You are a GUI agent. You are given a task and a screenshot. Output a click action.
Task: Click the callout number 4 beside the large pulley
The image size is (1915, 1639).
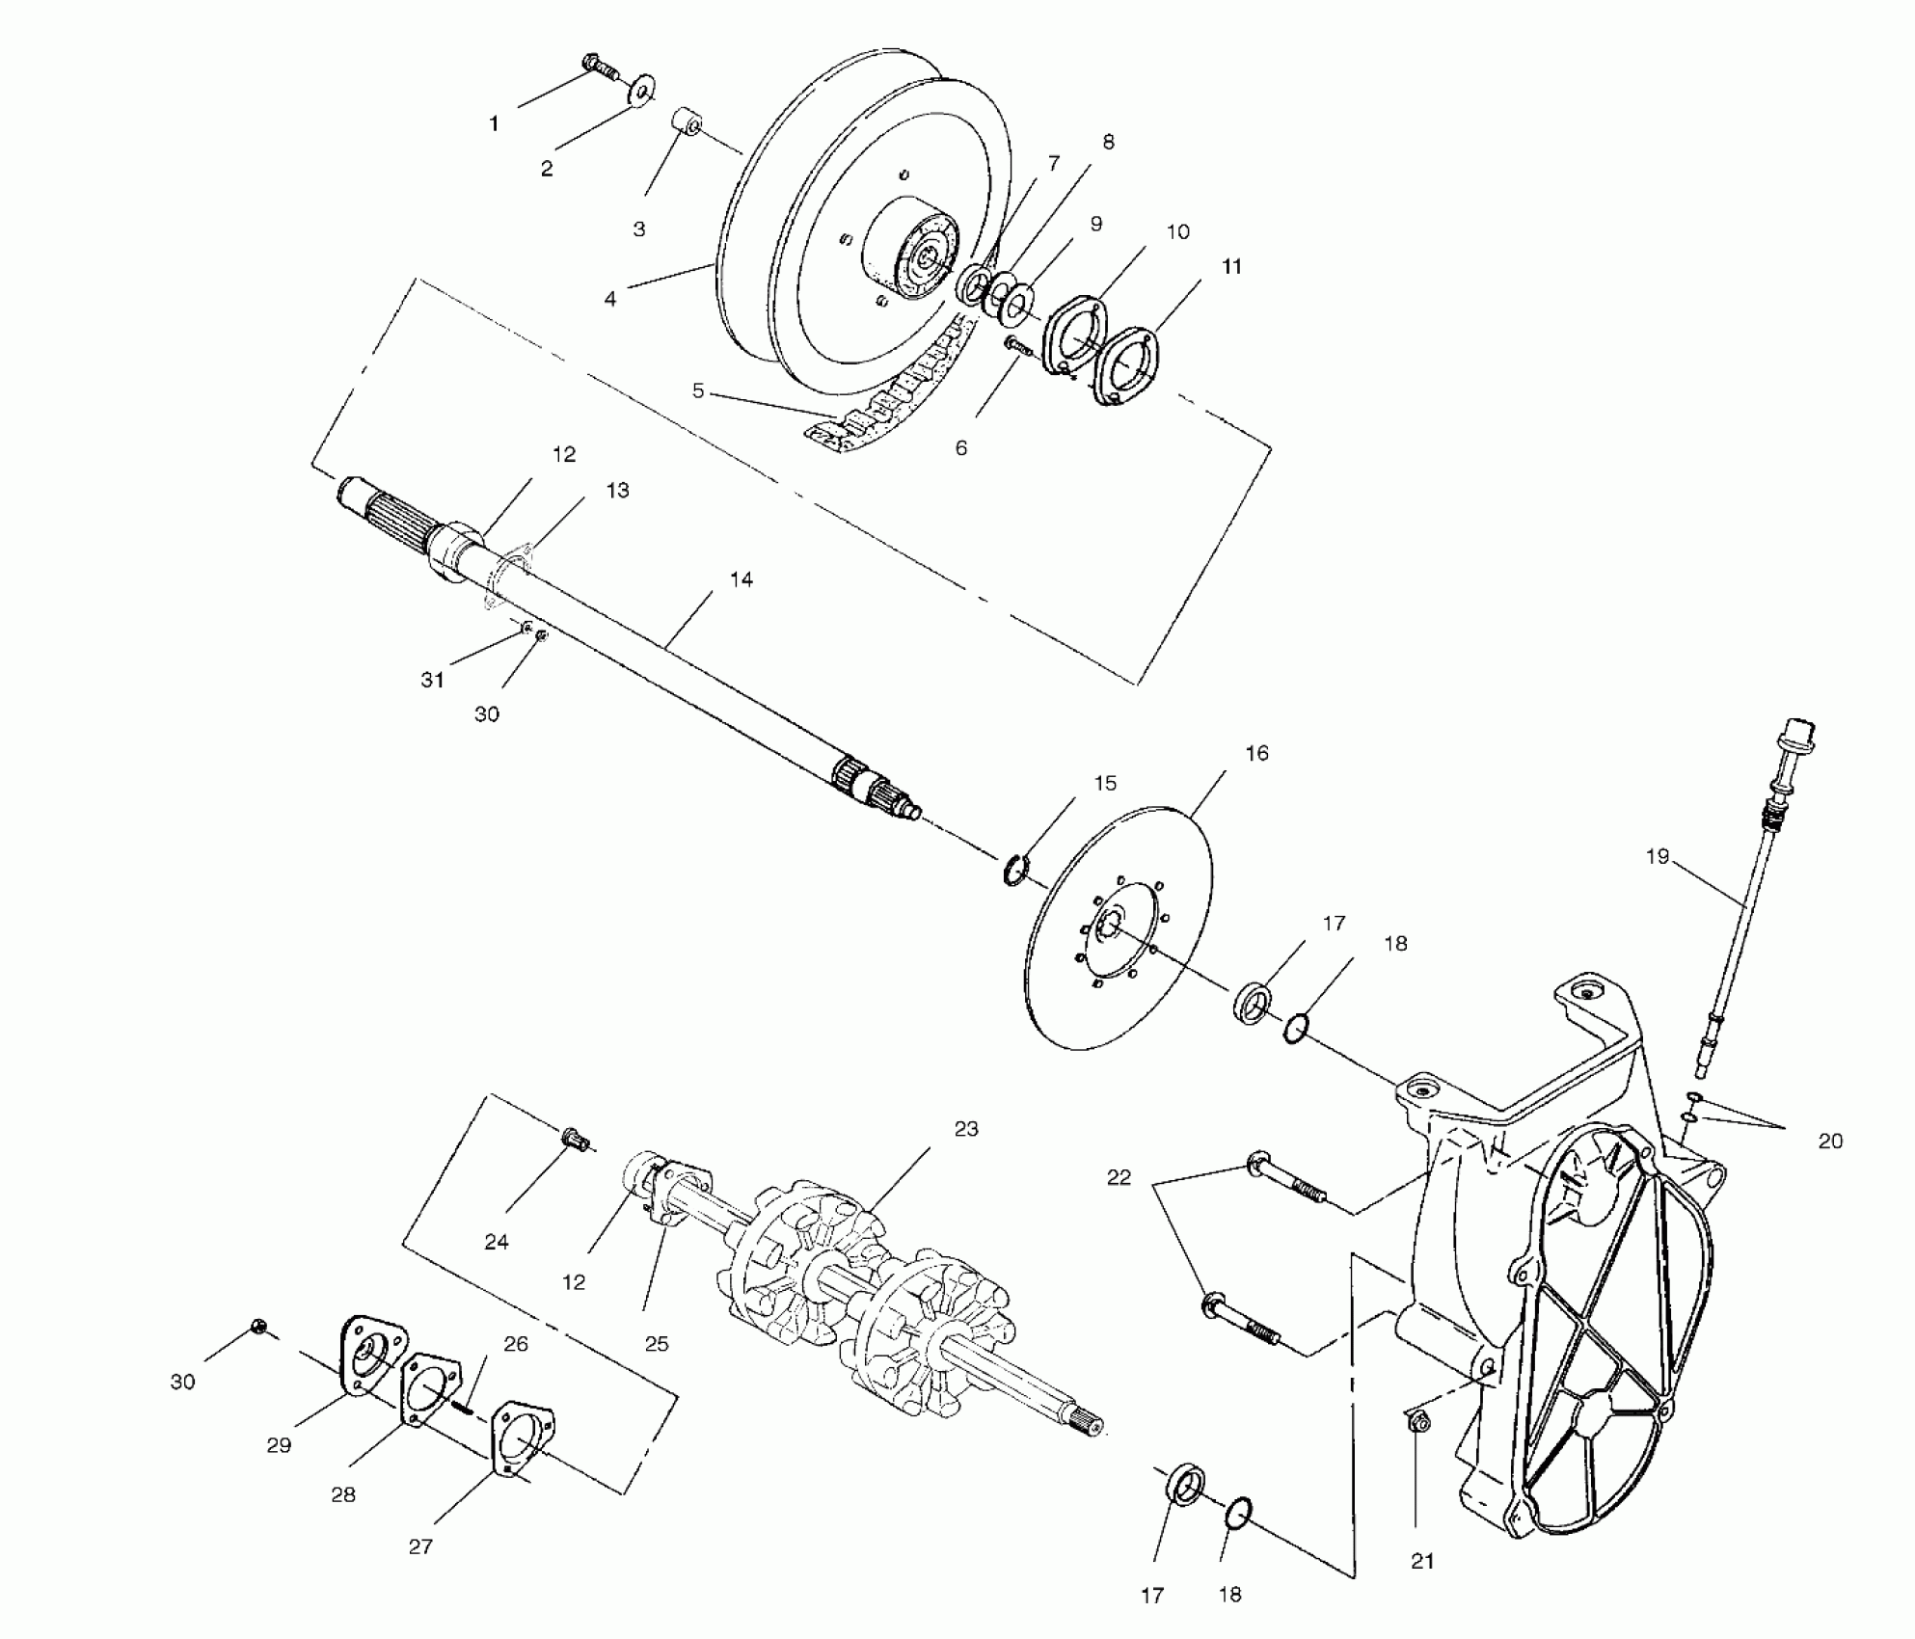(610, 299)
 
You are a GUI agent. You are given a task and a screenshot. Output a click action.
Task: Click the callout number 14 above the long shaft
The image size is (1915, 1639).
(741, 579)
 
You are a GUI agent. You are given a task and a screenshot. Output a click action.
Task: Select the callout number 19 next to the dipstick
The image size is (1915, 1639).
(1657, 856)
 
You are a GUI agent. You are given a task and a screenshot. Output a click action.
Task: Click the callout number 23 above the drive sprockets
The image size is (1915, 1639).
(966, 1129)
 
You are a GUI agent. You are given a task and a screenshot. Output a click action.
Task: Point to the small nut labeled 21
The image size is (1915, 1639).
(1418, 1422)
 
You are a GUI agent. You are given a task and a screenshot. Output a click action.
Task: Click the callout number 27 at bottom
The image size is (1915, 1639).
(420, 1546)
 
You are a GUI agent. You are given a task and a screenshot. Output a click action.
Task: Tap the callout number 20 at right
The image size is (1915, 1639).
(1830, 1142)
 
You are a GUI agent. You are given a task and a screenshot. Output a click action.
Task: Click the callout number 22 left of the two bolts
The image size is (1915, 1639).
(1119, 1177)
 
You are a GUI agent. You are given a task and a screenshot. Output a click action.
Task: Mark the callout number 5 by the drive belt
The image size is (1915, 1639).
(698, 391)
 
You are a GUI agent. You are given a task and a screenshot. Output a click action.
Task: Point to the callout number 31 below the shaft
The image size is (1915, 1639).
(433, 680)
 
